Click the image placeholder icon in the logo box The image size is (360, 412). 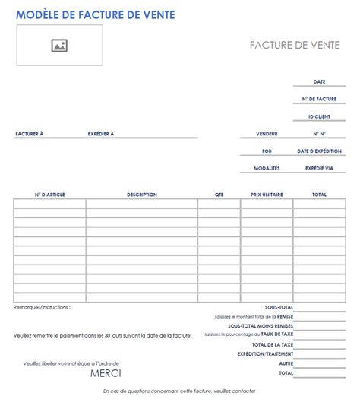(59, 46)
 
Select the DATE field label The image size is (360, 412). (320, 82)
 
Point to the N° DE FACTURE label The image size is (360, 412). (319, 100)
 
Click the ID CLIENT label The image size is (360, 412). (319, 117)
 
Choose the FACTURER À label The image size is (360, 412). (30, 134)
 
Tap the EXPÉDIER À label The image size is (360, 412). (100, 134)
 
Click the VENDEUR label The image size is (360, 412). (267, 134)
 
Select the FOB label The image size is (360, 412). (267, 151)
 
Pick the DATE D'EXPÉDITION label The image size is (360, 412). (319, 151)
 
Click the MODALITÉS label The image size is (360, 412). (267, 169)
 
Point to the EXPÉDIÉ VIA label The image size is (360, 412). (319, 169)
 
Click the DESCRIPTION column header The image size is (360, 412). (142, 195)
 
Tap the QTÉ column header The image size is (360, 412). (219, 195)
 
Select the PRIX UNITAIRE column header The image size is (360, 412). (267, 195)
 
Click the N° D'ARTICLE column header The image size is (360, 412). (50, 195)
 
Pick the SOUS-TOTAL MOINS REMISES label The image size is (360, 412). (260, 325)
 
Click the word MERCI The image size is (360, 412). (106, 372)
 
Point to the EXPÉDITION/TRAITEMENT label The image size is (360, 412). (265, 353)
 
